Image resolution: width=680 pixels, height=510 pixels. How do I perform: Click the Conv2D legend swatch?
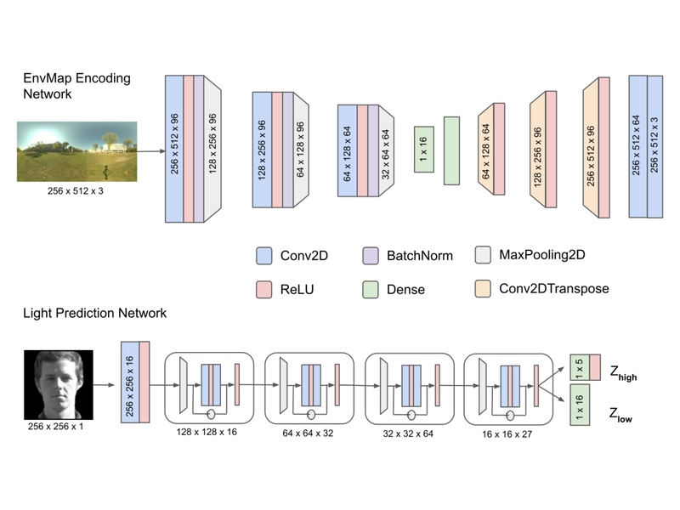(x=264, y=256)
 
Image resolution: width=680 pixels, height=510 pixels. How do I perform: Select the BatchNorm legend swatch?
(x=371, y=256)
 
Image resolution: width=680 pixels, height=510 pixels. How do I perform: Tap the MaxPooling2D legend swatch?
(x=483, y=255)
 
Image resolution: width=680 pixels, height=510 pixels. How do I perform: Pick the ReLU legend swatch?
(x=264, y=289)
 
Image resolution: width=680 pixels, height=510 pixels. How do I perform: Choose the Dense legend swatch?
(x=371, y=289)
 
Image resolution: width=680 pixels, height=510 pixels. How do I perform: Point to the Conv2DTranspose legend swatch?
(x=483, y=289)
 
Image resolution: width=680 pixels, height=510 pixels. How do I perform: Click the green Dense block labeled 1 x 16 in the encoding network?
(x=423, y=150)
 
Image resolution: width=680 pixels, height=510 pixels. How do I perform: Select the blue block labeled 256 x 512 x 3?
(x=654, y=146)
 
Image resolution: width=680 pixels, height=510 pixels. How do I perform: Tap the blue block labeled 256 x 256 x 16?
(x=130, y=382)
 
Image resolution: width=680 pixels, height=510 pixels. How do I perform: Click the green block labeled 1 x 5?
(x=580, y=367)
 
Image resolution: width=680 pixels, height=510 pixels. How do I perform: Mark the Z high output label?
(x=623, y=373)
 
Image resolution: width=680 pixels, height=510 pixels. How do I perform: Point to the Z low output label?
(x=620, y=415)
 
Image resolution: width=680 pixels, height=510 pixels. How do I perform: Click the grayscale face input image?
(x=59, y=385)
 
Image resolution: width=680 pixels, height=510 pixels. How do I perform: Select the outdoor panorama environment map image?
(x=77, y=151)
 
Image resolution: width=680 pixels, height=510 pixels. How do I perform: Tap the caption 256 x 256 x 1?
(x=55, y=427)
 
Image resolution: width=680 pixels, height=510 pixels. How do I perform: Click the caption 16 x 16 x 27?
(x=507, y=434)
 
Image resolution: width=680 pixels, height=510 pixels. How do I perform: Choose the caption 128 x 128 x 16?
(x=207, y=432)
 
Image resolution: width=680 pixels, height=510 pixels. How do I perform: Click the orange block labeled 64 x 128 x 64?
(x=486, y=150)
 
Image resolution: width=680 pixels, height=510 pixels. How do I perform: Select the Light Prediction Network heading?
(x=94, y=313)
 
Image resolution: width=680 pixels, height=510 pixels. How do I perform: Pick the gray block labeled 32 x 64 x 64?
(x=387, y=151)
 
